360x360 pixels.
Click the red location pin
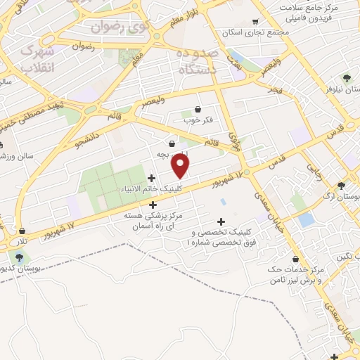point(181,166)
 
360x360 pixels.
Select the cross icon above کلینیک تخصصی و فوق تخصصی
point(221,221)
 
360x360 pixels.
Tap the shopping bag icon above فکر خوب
point(197,109)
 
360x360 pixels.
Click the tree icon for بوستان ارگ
point(342,186)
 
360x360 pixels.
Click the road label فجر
point(274,90)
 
